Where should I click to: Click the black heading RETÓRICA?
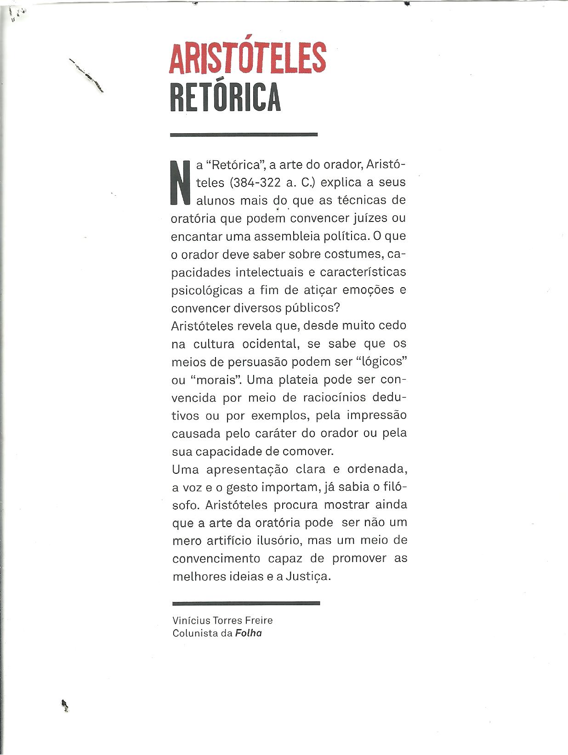(225, 97)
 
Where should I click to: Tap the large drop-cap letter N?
(180, 182)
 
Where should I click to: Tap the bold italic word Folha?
(248, 633)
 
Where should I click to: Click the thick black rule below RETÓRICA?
(244, 135)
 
